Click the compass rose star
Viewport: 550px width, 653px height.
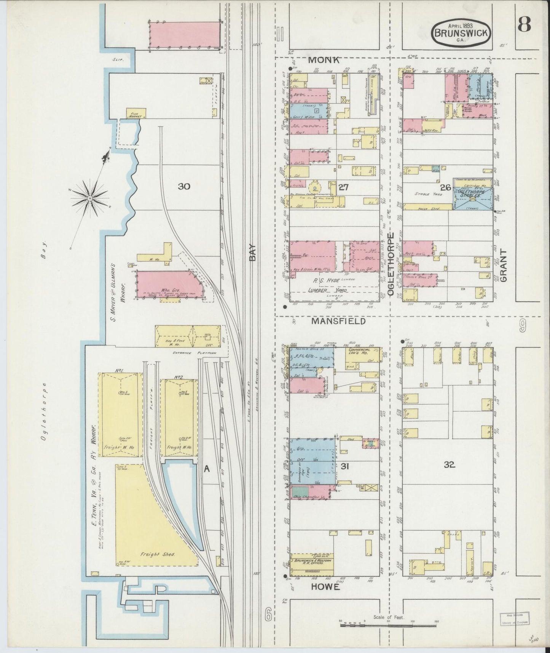[90, 198]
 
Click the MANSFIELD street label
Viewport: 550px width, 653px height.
[338, 321]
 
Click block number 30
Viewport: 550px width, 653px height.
[183, 186]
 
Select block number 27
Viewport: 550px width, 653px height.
[343, 187]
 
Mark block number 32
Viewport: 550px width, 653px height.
[450, 464]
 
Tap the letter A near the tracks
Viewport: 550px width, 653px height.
[207, 469]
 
